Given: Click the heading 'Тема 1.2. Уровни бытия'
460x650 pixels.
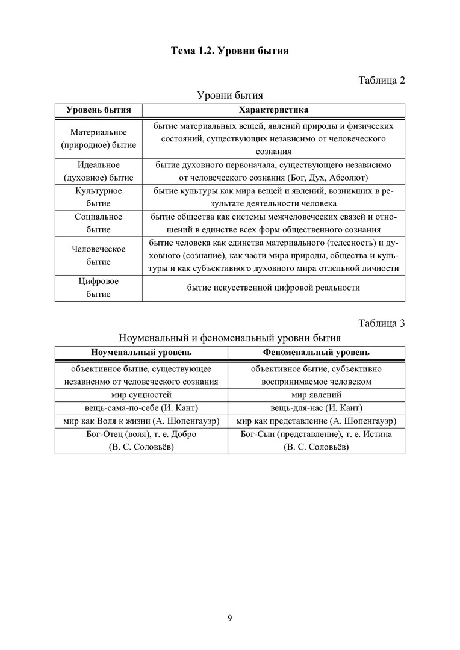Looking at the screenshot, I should [230, 51].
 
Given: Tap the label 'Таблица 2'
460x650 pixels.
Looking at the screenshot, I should [382, 81].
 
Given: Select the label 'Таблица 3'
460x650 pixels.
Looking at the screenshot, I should [382, 323].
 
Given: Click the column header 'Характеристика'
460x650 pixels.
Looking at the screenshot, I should [273, 110].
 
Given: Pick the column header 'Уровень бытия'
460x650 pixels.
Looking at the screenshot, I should [99, 110].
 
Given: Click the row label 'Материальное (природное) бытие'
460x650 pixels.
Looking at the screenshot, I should [99, 138].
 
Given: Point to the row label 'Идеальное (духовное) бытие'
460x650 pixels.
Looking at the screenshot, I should [99, 171].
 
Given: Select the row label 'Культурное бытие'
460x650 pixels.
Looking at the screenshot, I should [99, 197].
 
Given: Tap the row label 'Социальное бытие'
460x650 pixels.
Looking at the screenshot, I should [99, 223].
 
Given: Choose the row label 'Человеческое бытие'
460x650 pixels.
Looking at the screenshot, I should [99, 255].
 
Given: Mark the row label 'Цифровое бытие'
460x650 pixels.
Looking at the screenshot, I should [99, 288].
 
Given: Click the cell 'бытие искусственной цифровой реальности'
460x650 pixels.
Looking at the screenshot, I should [273, 288].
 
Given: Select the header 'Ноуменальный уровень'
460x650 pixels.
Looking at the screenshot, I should [141, 352].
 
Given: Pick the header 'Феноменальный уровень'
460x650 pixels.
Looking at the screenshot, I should [316, 352].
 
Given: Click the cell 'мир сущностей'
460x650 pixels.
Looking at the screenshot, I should [141, 395].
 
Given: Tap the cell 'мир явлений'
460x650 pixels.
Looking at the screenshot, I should [316, 395].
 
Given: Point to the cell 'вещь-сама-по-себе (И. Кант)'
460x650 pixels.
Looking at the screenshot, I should [141, 408].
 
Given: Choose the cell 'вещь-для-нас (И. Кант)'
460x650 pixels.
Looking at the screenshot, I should [316, 408].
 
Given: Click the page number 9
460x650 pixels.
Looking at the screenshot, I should [230, 617].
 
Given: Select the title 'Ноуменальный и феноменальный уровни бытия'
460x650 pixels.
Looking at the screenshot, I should [230, 338].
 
